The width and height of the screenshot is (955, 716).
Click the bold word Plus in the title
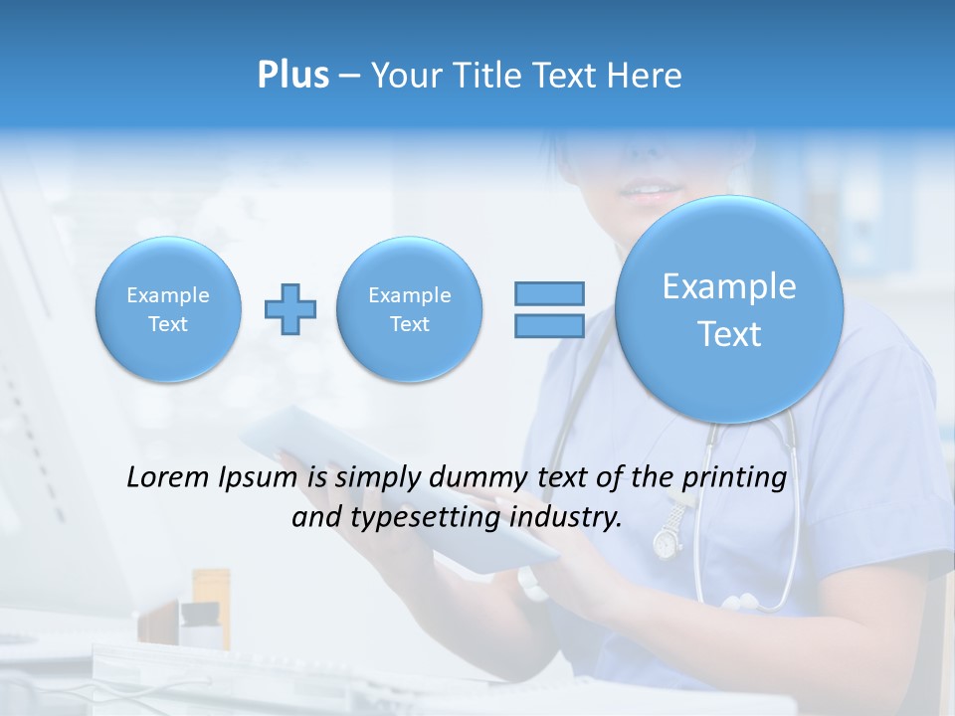(292, 76)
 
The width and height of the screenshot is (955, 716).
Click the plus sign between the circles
(290, 309)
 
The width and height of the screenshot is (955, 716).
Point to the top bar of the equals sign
(549, 293)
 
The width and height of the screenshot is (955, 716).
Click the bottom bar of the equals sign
(549, 326)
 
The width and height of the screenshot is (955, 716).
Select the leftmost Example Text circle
(168, 309)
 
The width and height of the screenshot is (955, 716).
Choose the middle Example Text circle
(409, 309)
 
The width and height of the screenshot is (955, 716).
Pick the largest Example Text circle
(729, 309)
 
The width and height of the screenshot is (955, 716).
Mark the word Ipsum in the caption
(258, 477)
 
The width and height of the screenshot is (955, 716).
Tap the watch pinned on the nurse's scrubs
(666, 541)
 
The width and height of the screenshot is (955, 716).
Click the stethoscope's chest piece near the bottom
(742, 602)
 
